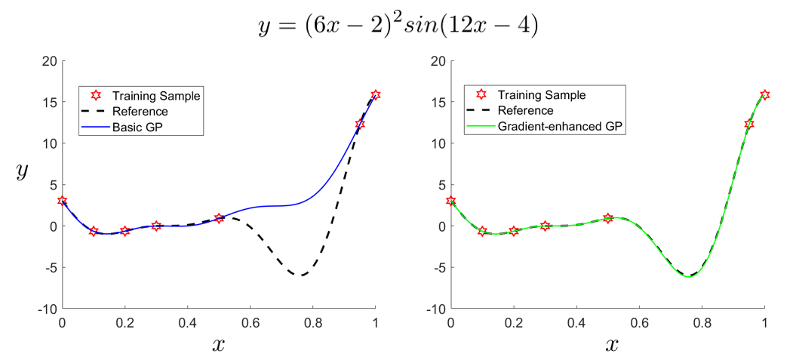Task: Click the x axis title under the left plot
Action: (219, 345)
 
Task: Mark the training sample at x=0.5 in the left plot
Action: (220, 218)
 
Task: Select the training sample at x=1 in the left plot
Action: (376, 95)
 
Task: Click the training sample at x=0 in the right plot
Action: (451, 201)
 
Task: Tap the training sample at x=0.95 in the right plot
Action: (749, 124)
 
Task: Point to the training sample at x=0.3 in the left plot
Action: (156, 226)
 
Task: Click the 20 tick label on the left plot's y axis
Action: (48, 61)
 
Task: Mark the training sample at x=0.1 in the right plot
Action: (483, 232)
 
